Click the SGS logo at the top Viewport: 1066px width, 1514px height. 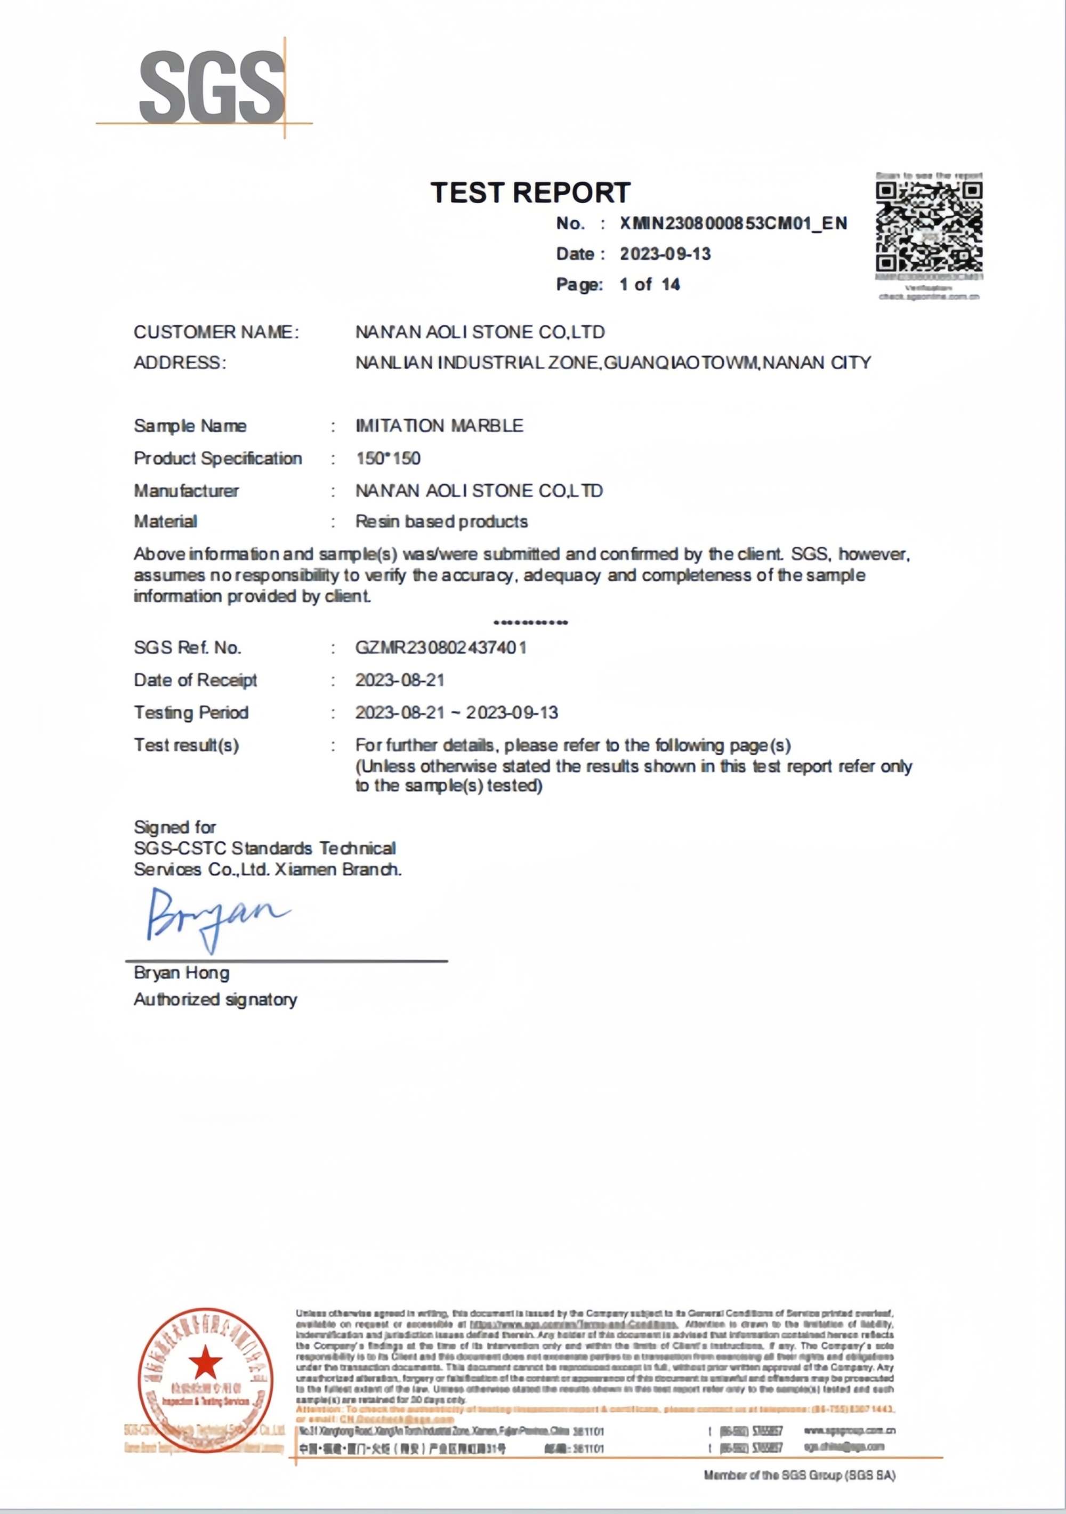(x=211, y=87)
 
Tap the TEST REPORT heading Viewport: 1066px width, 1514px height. (x=531, y=193)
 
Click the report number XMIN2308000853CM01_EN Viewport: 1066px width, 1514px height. (x=733, y=223)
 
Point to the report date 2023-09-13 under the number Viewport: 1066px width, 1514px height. (x=665, y=254)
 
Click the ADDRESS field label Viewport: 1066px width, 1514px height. (x=179, y=363)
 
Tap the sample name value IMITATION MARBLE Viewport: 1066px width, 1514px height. (x=439, y=426)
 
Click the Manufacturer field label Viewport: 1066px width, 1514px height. (x=186, y=491)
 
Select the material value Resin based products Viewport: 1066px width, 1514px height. (x=442, y=522)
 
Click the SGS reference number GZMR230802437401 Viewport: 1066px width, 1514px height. (x=440, y=647)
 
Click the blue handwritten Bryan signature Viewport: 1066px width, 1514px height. (x=214, y=917)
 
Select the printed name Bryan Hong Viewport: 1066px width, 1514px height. (x=181, y=973)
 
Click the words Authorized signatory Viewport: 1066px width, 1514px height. (x=215, y=1000)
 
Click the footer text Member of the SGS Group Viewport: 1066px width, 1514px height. (x=799, y=1475)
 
